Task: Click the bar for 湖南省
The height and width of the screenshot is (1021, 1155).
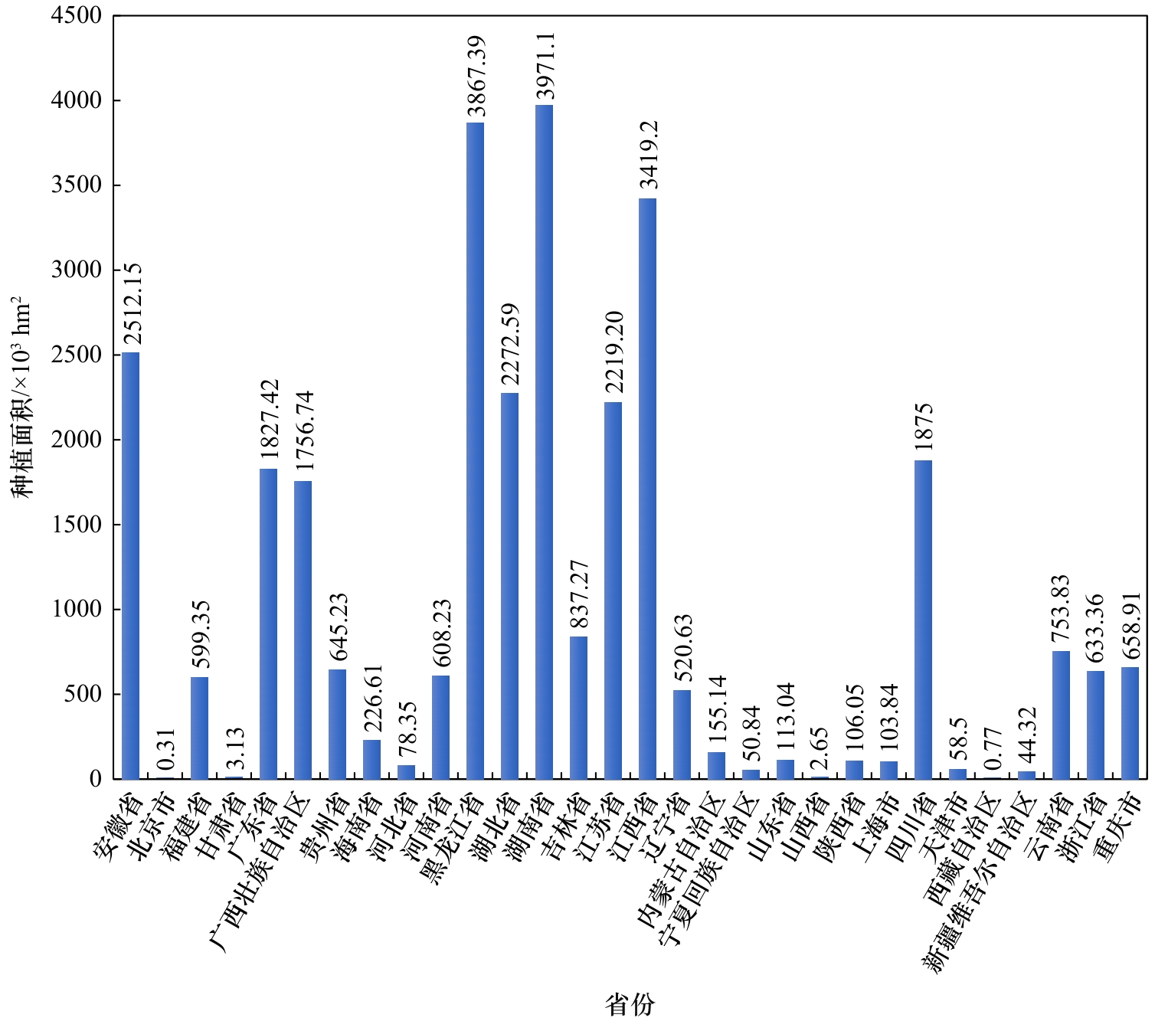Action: pos(544,442)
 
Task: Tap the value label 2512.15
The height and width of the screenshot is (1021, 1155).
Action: pos(133,304)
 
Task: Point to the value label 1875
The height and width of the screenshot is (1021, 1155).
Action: pos(924,426)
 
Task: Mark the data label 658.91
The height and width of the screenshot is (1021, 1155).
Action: pos(1131,625)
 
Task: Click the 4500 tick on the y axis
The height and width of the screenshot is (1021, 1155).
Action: pos(77,15)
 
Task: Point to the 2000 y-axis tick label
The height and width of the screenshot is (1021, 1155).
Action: pos(77,440)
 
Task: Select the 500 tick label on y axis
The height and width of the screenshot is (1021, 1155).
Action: pos(83,694)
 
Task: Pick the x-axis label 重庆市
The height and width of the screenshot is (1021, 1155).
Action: pos(1120,827)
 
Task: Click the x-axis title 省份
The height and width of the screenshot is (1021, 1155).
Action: pos(630,1004)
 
